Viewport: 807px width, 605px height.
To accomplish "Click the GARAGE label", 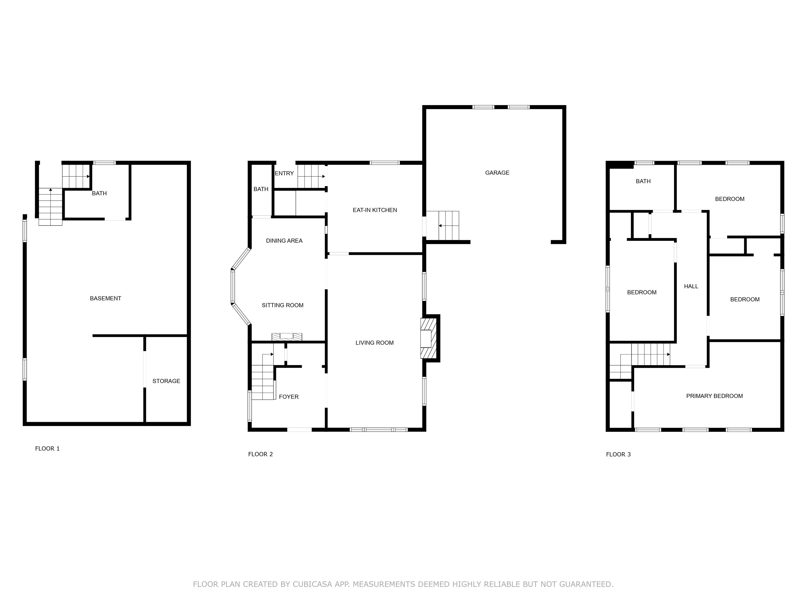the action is click(x=497, y=173).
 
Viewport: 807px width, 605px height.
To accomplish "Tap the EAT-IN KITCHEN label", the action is click(x=375, y=210).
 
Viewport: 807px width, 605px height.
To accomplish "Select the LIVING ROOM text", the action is click(x=374, y=343).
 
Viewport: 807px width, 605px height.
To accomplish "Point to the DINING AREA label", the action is click(x=284, y=241).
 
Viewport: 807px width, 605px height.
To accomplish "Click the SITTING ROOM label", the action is click(x=282, y=305).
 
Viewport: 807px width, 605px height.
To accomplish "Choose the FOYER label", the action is click(x=289, y=397).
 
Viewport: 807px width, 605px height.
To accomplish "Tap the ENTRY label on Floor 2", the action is click(x=284, y=174).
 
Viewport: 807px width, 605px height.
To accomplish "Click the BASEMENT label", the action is click(x=105, y=298).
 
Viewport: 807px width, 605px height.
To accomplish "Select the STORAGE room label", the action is click(x=166, y=381).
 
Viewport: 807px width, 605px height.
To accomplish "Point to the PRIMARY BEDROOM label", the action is click(x=714, y=396).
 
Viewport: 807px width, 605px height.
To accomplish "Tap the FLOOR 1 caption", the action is click(x=47, y=448).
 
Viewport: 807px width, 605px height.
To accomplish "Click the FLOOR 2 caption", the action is click(x=261, y=454).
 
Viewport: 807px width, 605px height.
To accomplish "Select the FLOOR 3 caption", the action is click(x=618, y=454).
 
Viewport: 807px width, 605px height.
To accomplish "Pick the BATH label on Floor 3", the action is click(x=643, y=181).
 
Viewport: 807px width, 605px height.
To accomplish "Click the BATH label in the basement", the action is click(x=99, y=193).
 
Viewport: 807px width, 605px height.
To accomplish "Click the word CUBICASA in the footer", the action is click(x=312, y=584).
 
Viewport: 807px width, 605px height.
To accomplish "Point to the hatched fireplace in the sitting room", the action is click(x=287, y=337).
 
